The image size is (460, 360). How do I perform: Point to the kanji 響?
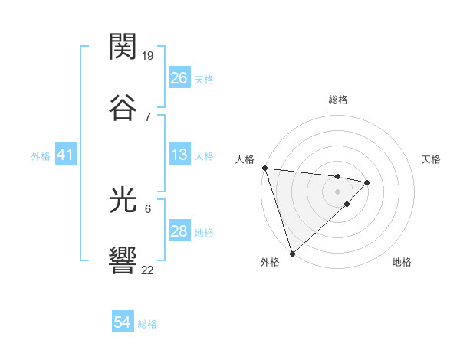pos(123,260)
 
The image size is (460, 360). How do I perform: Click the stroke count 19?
pos(149,56)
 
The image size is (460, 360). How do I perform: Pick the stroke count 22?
pos(148,270)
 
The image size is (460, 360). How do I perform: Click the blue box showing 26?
pos(179,78)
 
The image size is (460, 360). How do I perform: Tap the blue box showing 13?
pos(179,155)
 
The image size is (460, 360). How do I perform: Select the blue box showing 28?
pos(179,232)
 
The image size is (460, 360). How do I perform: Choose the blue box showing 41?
pos(65,155)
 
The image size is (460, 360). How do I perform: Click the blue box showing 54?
pos(122,323)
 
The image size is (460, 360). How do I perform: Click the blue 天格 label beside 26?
pos(204,79)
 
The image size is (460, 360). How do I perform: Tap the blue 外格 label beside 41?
pos(41,156)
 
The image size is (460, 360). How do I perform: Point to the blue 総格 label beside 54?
pos(147,324)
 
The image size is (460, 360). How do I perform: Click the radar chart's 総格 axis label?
pos(338,100)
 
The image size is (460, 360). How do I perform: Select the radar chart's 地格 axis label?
pos(402,262)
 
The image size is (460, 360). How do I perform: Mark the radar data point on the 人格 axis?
pos(264,168)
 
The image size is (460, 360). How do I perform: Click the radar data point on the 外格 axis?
pos(292,253)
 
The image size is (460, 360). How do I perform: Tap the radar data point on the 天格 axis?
pos(367,182)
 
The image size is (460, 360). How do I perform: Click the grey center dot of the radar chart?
pos(338,191)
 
